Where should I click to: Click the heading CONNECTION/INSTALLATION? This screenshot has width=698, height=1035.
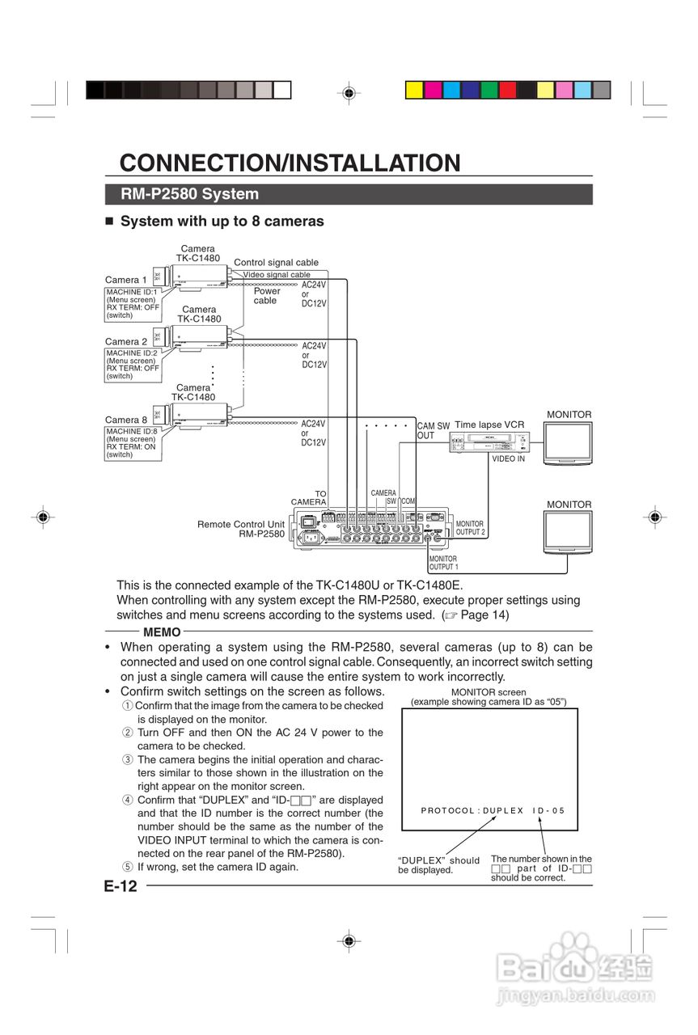[290, 163]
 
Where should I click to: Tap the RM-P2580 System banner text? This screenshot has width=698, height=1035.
[189, 194]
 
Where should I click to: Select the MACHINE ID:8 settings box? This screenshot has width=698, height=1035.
[132, 443]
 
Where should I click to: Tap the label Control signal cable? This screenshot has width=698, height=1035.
[276, 263]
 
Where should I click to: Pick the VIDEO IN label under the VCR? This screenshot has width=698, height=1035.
[508, 458]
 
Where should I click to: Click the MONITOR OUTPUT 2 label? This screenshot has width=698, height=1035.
[470, 528]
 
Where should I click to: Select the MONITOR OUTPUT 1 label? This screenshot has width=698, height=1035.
[442, 563]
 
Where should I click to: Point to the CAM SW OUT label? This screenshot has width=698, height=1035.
[433, 431]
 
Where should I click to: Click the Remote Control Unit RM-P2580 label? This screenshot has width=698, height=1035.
[242, 529]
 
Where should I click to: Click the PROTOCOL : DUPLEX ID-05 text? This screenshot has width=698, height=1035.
[493, 810]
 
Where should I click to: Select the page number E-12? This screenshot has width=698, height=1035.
[121, 886]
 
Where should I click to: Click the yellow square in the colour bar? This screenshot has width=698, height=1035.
[413, 90]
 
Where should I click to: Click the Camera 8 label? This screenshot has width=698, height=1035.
[126, 420]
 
